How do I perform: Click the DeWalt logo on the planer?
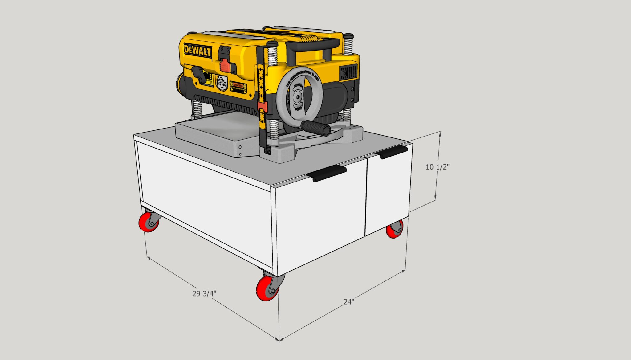point(197,51)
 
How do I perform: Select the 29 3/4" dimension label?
point(204,293)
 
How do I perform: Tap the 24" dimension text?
point(349,301)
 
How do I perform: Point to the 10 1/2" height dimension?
point(438,167)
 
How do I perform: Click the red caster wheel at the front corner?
point(267,288)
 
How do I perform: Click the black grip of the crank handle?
point(315,128)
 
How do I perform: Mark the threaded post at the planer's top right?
point(348,45)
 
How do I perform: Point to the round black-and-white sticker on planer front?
point(222,83)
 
